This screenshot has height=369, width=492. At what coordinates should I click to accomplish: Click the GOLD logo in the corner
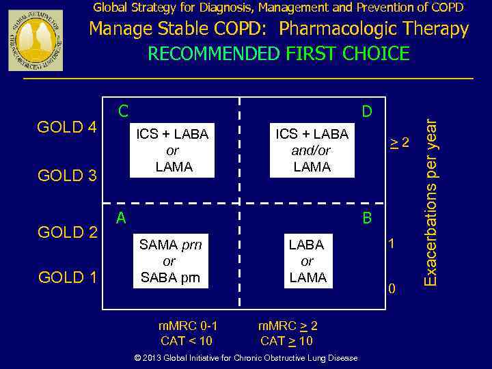coord(36,40)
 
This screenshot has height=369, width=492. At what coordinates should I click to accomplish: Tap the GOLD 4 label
coord(67,128)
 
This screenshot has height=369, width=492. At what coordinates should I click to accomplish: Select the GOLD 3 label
coord(67,176)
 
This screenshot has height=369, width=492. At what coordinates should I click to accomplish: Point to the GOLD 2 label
coord(67,232)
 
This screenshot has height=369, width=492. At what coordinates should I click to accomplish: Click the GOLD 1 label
coord(67,277)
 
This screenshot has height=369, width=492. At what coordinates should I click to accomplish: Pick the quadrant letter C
coord(123,111)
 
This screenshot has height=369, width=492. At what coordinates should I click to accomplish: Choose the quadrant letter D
coord(367,111)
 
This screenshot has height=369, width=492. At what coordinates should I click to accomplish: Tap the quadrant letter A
coord(121,218)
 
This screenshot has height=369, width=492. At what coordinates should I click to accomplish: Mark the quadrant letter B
coord(367,219)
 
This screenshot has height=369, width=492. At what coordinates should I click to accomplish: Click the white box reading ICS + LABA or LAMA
coord(172,150)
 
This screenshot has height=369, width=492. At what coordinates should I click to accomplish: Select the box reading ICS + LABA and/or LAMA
coord(312,150)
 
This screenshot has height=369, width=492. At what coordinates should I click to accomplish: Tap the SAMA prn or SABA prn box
coord(170,261)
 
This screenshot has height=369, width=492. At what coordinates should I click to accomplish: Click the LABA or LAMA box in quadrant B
coord(307,261)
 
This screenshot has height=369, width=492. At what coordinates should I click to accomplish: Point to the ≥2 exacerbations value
coord(400,143)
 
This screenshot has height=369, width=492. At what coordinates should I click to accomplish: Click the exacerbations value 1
coord(392,243)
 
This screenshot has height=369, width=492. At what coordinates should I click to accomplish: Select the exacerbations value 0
coord(392,290)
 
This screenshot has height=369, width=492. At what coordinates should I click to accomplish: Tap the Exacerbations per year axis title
coord(430,202)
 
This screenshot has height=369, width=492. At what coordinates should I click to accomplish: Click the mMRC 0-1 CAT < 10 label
coord(187,333)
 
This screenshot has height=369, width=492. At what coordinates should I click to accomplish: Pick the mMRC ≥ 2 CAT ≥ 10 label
coord(287,333)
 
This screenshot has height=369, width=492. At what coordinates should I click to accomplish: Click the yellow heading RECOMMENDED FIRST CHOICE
coord(279,53)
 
